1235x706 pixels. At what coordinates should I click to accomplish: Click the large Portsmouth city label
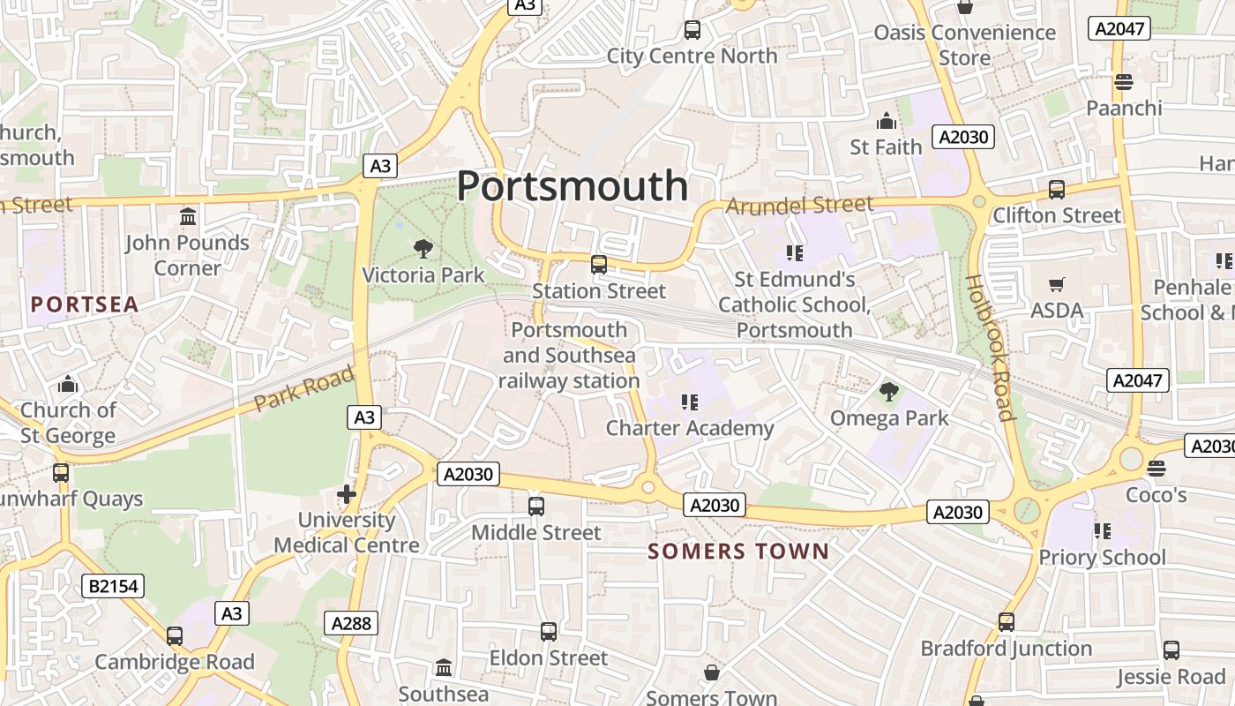572,186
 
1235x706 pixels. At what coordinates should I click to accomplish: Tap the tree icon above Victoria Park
423,248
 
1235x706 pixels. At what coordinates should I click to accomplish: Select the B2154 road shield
114,586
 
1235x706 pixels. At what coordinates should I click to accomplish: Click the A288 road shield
352,623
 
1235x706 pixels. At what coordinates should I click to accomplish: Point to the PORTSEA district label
85,305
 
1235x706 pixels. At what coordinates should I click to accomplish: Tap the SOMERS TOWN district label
737,552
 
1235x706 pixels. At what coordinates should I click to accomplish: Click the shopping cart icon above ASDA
1056,284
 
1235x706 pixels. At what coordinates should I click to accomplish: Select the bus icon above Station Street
599,264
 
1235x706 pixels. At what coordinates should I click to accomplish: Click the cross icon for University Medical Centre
347,494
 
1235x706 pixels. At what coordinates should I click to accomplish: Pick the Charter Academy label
689,429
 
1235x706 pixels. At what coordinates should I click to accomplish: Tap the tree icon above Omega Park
888,390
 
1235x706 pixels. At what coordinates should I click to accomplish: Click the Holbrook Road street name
988,346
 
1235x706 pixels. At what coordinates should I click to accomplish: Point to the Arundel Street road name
799,206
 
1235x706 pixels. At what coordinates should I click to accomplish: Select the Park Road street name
303,389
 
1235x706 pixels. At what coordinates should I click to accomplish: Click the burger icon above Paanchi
1123,82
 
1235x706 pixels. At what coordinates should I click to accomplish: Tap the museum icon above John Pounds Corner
187,216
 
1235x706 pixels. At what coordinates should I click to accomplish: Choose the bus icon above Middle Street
535,507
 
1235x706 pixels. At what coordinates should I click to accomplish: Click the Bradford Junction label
1006,649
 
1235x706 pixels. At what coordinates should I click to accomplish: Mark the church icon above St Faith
886,120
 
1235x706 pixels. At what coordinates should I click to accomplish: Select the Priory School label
1102,558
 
